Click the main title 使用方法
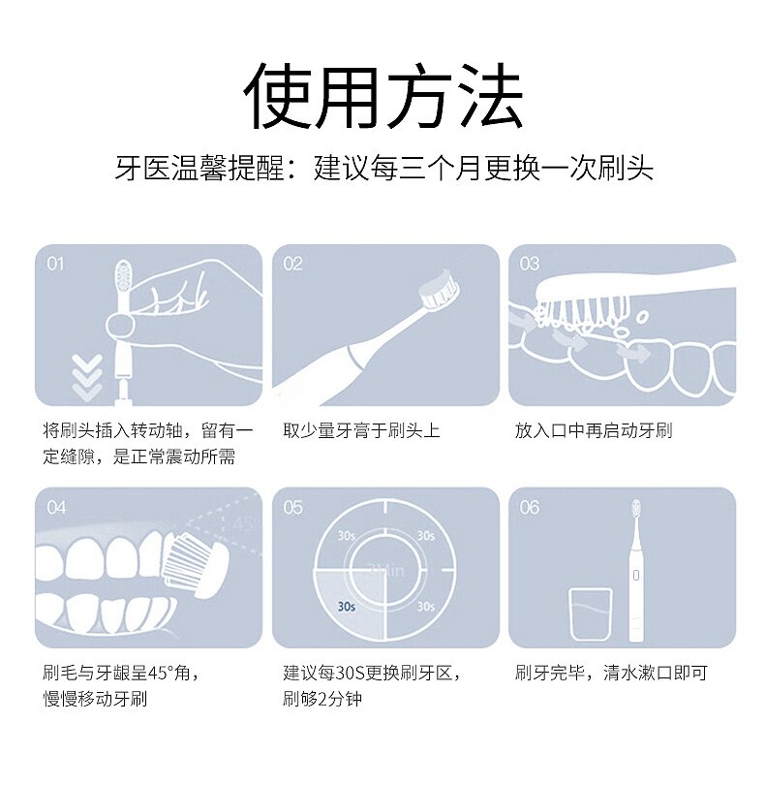(383, 96)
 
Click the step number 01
(55, 264)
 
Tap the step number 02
(292, 264)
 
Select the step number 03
(530, 264)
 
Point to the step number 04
(56, 507)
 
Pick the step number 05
(292, 507)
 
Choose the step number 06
(530, 507)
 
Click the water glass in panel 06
(591, 614)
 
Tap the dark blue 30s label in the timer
(346, 607)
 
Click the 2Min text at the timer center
(385, 571)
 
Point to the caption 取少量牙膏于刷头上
(361, 430)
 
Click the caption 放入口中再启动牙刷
(594, 430)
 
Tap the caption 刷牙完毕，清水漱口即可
(611, 673)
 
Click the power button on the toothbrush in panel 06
(636, 576)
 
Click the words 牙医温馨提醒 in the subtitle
(199, 168)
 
